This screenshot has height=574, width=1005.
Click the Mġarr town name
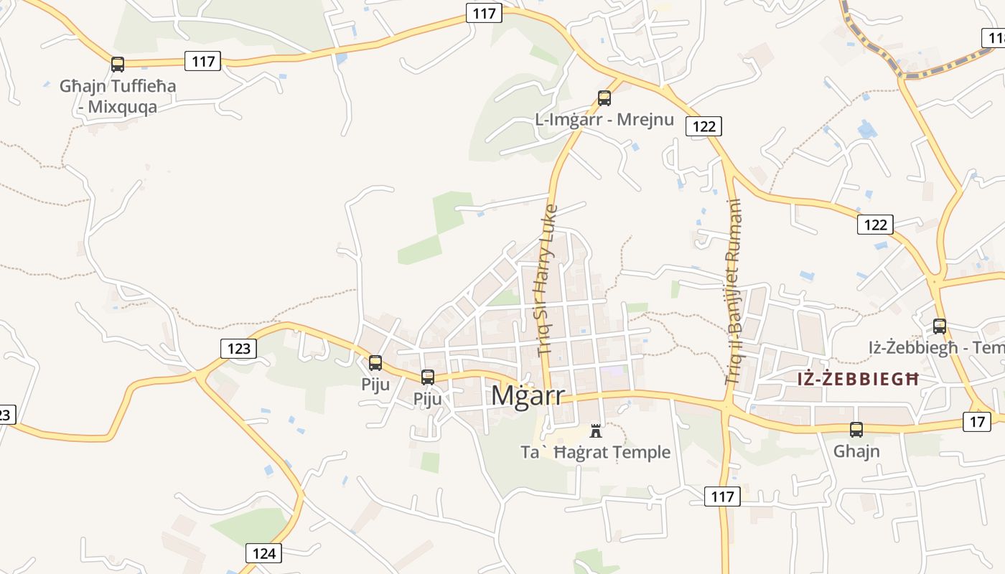(528, 395)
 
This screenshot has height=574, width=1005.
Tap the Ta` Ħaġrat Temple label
(596, 452)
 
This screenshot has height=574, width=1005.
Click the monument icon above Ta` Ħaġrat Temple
(596, 430)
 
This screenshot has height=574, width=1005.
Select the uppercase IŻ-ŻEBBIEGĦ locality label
(858, 379)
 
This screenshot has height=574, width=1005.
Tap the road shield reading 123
(238, 349)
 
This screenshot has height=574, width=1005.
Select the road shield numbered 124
(264, 553)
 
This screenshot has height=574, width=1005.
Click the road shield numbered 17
(977, 421)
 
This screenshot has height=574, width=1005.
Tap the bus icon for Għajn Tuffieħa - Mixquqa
(118, 65)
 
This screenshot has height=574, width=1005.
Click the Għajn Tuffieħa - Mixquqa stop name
(118, 96)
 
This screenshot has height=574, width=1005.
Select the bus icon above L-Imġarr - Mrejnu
(604, 98)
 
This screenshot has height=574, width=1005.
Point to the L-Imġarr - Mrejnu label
(604, 119)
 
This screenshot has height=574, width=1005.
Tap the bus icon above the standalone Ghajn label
(856, 430)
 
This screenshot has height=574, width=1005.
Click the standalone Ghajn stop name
(856, 451)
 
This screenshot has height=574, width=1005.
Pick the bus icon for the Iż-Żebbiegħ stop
(940, 326)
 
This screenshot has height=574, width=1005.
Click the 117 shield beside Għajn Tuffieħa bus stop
(203, 61)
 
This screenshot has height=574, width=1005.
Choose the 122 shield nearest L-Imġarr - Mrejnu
(703, 126)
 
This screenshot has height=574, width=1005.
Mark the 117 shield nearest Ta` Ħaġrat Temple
(722, 496)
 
